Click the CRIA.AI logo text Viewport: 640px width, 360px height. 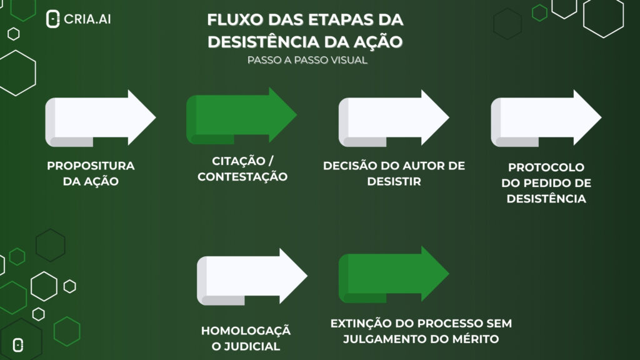pyautogui.click(x=87, y=19)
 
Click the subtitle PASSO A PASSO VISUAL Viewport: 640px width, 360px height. pyautogui.click(x=307, y=60)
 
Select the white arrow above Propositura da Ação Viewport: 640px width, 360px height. pyautogui.click(x=101, y=118)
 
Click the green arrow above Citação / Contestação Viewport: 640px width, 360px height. pyautogui.click(x=242, y=116)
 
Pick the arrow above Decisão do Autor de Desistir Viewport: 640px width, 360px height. pyautogui.click(x=394, y=118)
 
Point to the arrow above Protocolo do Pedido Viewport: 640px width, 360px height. pyautogui.click(x=546, y=118)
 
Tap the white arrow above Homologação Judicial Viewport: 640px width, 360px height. pyautogui.click(x=252, y=276)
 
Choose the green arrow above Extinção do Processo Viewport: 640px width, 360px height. pyautogui.click(x=394, y=274)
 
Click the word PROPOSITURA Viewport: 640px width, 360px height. pyautogui.click(x=91, y=166)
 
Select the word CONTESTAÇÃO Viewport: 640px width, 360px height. pyautogui.click(x=242, y=177)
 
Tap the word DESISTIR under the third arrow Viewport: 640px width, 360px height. pyautogui.click(x=394, y=182)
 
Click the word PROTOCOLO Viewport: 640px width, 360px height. pyautogui.click(x=546, y=167)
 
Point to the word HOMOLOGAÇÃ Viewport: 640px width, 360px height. pyautogui.click(x=246, y=330)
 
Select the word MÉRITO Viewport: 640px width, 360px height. pyautogui.click(x=476, y=339)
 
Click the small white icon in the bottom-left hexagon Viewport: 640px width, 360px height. pyautogui.click(x=18, y=345)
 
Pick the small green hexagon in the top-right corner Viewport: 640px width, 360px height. pyautogui.click(x=539, y=13)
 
